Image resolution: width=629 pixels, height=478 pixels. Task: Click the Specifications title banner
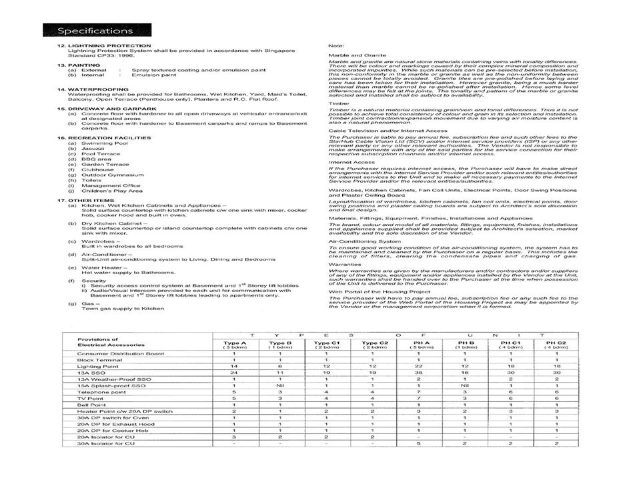pos(95,31)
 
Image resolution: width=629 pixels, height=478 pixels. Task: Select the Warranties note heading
pos(345,264)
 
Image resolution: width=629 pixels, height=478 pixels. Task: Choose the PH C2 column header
pos(556,344)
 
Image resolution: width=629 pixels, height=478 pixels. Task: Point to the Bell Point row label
pos(91,405)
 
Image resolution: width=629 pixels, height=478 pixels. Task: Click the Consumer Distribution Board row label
pos(121,353)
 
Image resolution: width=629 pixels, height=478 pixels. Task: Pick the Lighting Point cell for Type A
pos(234,367)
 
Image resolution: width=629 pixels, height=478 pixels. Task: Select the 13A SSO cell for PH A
pos(418,373)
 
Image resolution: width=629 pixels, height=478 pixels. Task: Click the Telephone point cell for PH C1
pos(510,392)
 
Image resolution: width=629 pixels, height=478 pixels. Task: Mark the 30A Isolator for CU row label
pos(106,443)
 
